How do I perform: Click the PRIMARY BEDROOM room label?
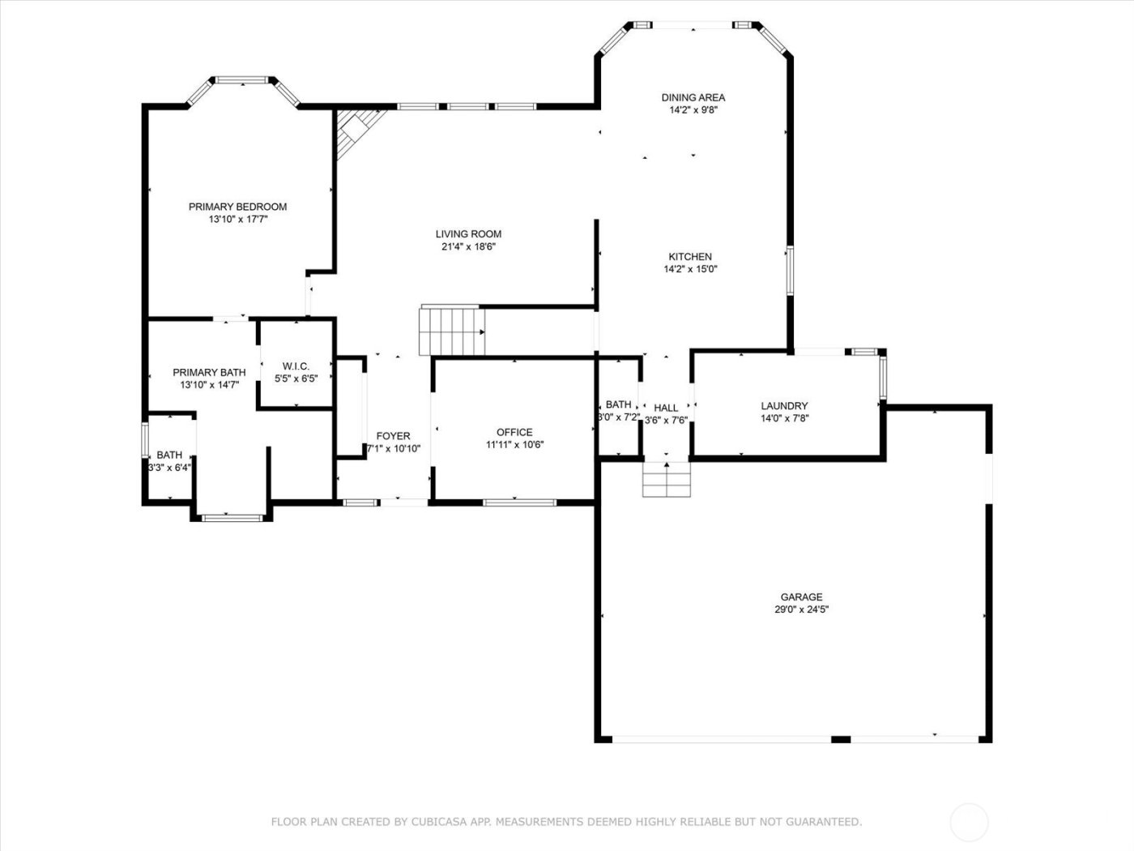pos(237,207)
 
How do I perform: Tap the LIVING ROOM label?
pos(468,234)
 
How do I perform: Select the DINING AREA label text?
pos(693,97)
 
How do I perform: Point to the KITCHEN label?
pos(690,257)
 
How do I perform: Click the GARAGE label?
pos(801,597)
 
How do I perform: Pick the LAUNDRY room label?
pos(784,406)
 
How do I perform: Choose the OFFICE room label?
pos(514,432)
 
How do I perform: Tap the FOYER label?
pos(393,436)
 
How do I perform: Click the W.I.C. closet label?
pos(296,366)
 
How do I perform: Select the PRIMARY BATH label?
pos(209,373)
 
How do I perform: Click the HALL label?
pos(666,408)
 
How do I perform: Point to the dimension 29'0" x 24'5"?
pos(801,610)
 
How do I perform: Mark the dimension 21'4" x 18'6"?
pos(468,247)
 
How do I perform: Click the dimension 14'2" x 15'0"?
pos(690,269)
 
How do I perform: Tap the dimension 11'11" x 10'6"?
pos(514,444)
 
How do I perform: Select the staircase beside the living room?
pos(451,331)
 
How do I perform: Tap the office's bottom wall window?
pos(519,502)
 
